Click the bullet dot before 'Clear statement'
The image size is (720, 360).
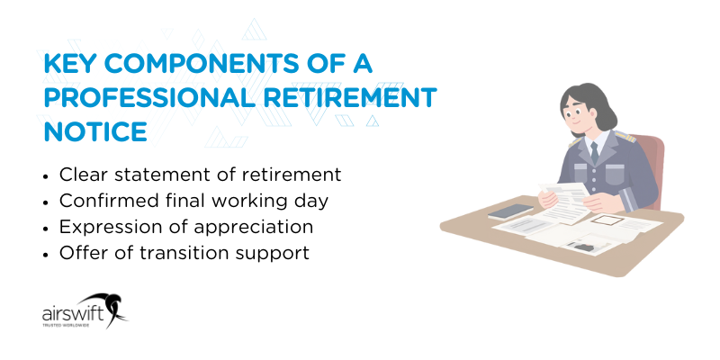(48, 175)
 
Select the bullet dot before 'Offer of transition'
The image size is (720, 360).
(48, 254)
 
